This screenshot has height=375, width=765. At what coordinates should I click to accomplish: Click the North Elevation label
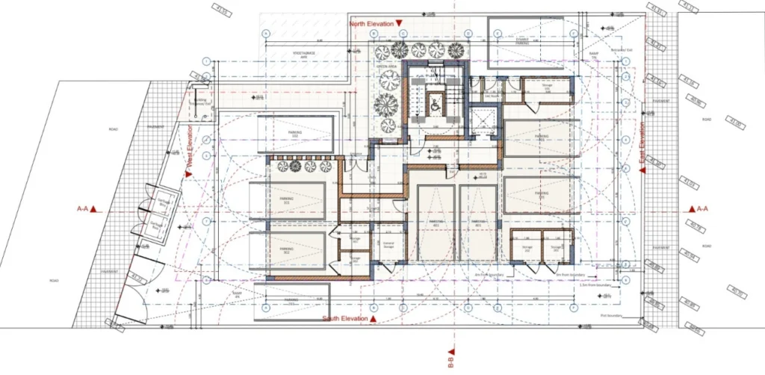pos(372,24)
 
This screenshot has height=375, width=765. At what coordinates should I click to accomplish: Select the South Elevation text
pos(344,319)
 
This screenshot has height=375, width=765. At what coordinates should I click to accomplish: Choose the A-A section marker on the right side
pos(697,209)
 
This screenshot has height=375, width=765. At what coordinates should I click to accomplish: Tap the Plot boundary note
pos(612,315)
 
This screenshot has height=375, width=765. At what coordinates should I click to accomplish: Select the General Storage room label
pos(388,244)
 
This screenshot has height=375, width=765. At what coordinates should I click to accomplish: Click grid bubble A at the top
pos(266,34)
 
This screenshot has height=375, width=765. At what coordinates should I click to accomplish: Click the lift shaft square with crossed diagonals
pos(483,120)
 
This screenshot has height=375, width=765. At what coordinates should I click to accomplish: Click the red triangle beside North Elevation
pos(400,24)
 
